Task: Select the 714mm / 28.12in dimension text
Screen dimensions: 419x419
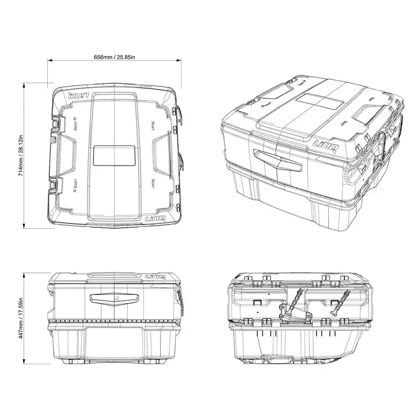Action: [20, 156]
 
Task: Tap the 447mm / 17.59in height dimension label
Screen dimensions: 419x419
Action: [20, 318]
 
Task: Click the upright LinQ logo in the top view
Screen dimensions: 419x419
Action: [154, 219]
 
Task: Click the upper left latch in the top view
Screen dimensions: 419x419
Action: [56, 124]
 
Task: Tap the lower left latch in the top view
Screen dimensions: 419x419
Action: [56, 185]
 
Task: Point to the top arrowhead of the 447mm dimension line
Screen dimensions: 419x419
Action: [25, 274]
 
